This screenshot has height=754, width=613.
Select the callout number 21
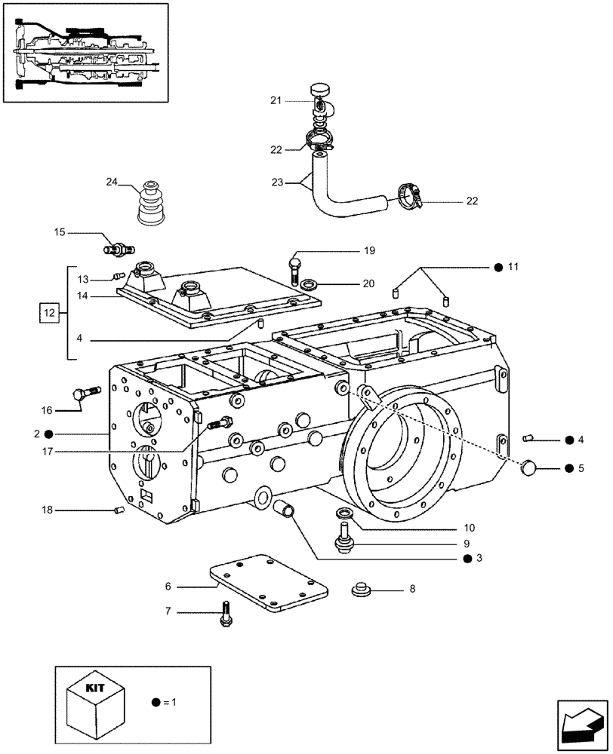276,100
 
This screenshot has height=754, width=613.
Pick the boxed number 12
49,311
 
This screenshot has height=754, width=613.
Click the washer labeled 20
309,285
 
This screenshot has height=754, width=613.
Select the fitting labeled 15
118,248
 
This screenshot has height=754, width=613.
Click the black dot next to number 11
497,267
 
